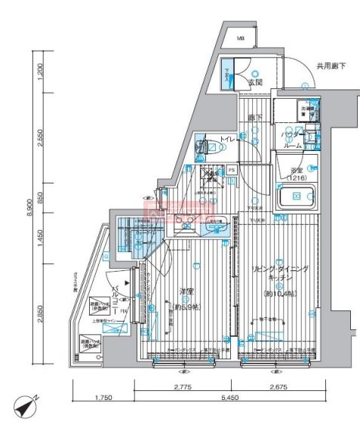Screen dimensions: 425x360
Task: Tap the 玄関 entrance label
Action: (x=254, y=83)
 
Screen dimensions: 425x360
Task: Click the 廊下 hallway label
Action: (x=254, y=118)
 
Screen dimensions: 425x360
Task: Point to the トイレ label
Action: (x=226, y=139)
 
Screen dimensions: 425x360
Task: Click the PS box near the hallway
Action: (x=231, y=171)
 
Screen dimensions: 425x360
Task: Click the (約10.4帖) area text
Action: (x=278, y=293)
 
